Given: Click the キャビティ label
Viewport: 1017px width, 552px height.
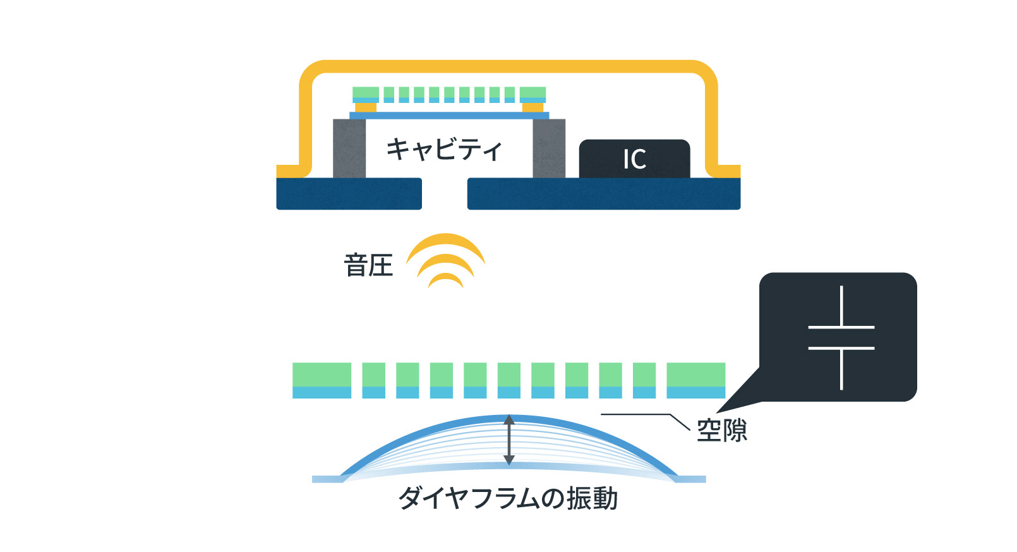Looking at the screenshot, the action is [x=444, y=149].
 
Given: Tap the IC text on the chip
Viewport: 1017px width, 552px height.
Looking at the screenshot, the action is [x=634, y=159].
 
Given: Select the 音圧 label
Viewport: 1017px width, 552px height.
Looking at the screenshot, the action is [x=368, y=265].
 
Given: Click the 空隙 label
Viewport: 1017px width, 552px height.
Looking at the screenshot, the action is [x=721, y=431].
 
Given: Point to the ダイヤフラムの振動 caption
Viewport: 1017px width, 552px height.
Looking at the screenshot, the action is [x=508, y=498].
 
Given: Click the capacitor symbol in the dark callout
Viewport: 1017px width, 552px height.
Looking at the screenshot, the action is [x=841, y=337].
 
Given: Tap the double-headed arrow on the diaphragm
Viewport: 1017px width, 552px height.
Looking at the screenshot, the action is [x=509, y=440].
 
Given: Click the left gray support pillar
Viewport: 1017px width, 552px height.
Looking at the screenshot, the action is [x=349, y=148].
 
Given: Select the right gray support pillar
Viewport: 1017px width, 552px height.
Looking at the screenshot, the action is [x=549, y=148].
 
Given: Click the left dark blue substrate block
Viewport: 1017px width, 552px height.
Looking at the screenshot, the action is [x=349, y=193].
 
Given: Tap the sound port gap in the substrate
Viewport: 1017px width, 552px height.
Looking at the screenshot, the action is [x=444, y=193].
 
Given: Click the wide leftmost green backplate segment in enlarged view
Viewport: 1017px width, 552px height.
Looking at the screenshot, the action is [x=322, y=375].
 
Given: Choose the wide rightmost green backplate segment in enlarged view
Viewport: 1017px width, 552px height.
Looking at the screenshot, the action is [x=695, y=375].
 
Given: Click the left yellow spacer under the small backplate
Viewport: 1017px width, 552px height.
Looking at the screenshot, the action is [x=366, y=107].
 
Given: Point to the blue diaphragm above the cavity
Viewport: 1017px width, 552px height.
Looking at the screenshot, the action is [x=449, y=116].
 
